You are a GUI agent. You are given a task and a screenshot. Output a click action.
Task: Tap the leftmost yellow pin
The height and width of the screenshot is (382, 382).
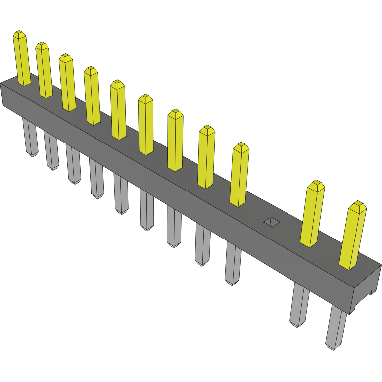tap(22, 59)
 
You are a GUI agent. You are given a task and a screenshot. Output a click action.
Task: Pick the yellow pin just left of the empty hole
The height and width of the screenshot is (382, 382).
tap(239, 175)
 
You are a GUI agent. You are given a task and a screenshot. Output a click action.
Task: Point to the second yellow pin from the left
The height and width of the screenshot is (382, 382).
tap(44, 71)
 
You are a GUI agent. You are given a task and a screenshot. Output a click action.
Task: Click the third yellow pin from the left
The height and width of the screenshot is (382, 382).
tap(67, 83)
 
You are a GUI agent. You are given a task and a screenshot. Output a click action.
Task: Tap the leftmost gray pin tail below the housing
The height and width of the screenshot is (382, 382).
tap(30, 139)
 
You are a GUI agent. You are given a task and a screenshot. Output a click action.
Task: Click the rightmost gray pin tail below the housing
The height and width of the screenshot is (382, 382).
tap(336, 327)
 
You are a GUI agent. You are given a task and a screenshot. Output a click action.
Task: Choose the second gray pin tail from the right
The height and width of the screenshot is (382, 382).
tap(299, 305)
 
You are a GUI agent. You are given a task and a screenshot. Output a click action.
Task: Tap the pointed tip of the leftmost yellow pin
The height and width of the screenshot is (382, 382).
tap(19, 34)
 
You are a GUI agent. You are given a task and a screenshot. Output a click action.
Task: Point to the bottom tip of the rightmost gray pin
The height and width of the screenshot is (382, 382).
tap(334, 347)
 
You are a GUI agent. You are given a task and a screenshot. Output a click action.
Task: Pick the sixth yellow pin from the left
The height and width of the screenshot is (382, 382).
tap(146, 125)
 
